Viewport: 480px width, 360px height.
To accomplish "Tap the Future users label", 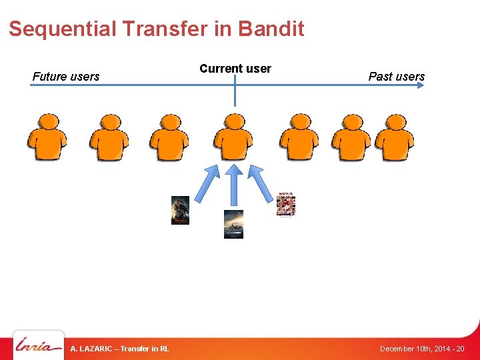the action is tap(66, 77).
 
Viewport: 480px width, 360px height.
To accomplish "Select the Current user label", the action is tap(235, 69).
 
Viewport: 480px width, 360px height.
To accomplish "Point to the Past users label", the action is tap(397, 77).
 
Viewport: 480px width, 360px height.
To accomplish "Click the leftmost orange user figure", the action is tap(47, 138).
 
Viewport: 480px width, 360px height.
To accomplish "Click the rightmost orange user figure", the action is tap(394, 138).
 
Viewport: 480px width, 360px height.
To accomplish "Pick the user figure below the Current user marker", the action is tap(233, 138).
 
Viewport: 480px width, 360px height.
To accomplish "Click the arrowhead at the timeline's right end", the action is tap(421, 85).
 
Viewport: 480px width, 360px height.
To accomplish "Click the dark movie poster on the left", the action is tap(180, 210).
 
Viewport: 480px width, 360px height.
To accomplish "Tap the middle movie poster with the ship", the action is tap(233, 224).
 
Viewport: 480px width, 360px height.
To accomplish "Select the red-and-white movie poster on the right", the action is tap(286, 205).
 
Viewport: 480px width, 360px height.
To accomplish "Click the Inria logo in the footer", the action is tap(39, 347).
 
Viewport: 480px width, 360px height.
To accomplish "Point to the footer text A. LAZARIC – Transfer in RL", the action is tap(120, 349).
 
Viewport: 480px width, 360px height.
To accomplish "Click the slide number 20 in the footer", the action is tap(460, 349).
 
